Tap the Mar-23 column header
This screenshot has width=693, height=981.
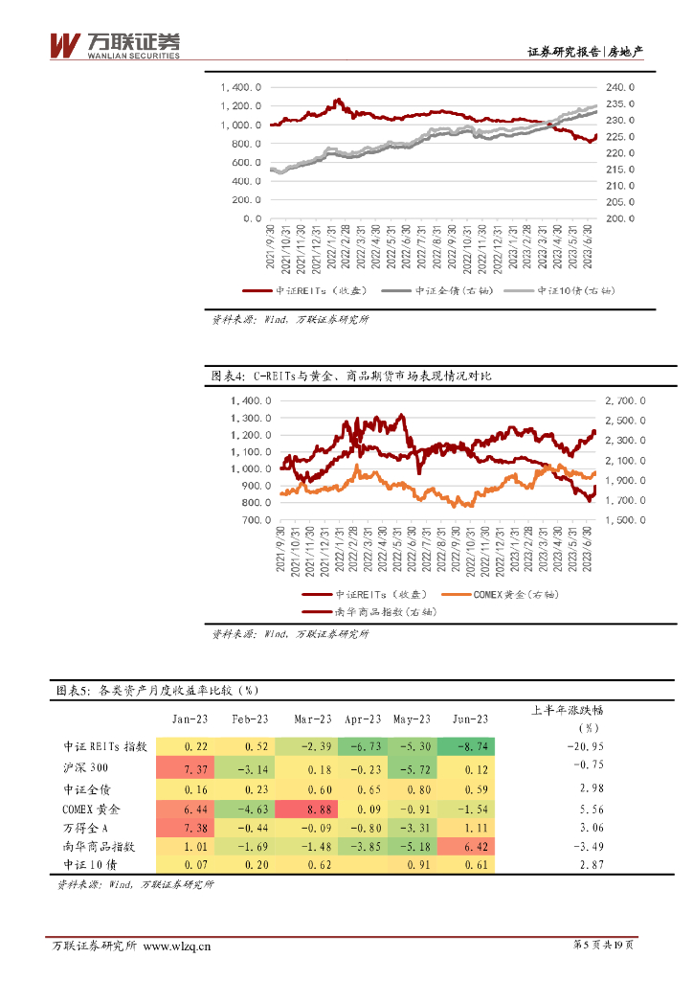click(x=313, y=719)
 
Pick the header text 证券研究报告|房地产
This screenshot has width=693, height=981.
click(x=585, y=53)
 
